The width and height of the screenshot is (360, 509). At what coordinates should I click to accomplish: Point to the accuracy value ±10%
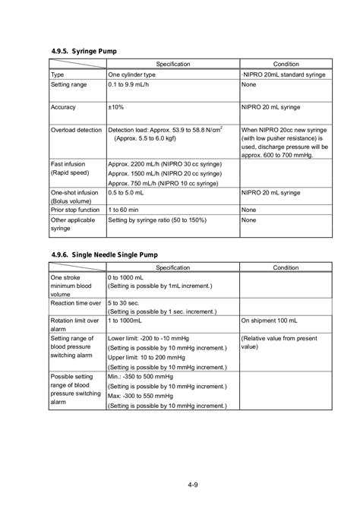(117, 107)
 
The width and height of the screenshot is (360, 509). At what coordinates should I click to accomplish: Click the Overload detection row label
(76, 130)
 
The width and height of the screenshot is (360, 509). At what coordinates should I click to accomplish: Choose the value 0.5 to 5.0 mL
(128, 194)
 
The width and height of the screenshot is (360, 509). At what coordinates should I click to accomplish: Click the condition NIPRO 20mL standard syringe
(284, 76)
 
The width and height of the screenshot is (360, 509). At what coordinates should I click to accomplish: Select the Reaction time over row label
(75, 302)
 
